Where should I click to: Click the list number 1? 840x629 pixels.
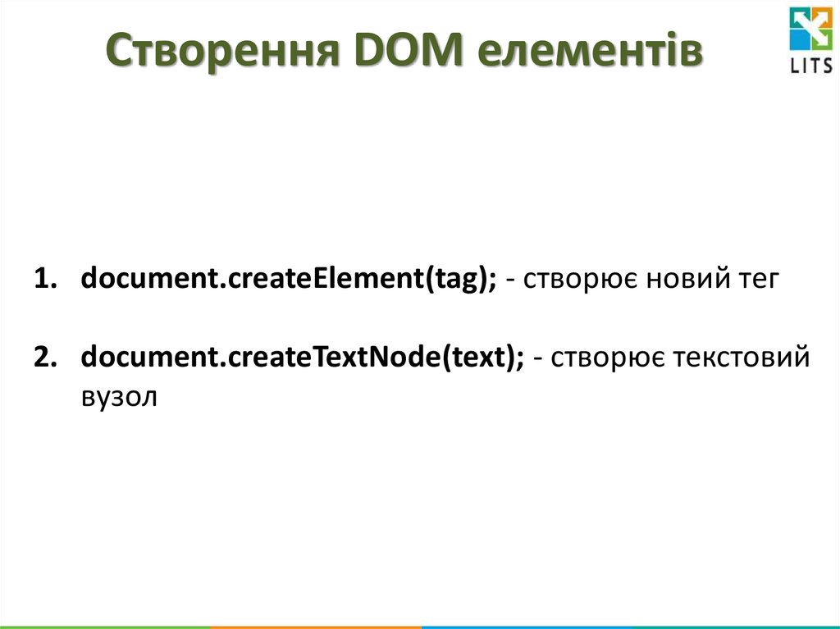(43, 280)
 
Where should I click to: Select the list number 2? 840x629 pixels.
(43, 358)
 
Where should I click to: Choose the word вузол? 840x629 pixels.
(117, 396)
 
